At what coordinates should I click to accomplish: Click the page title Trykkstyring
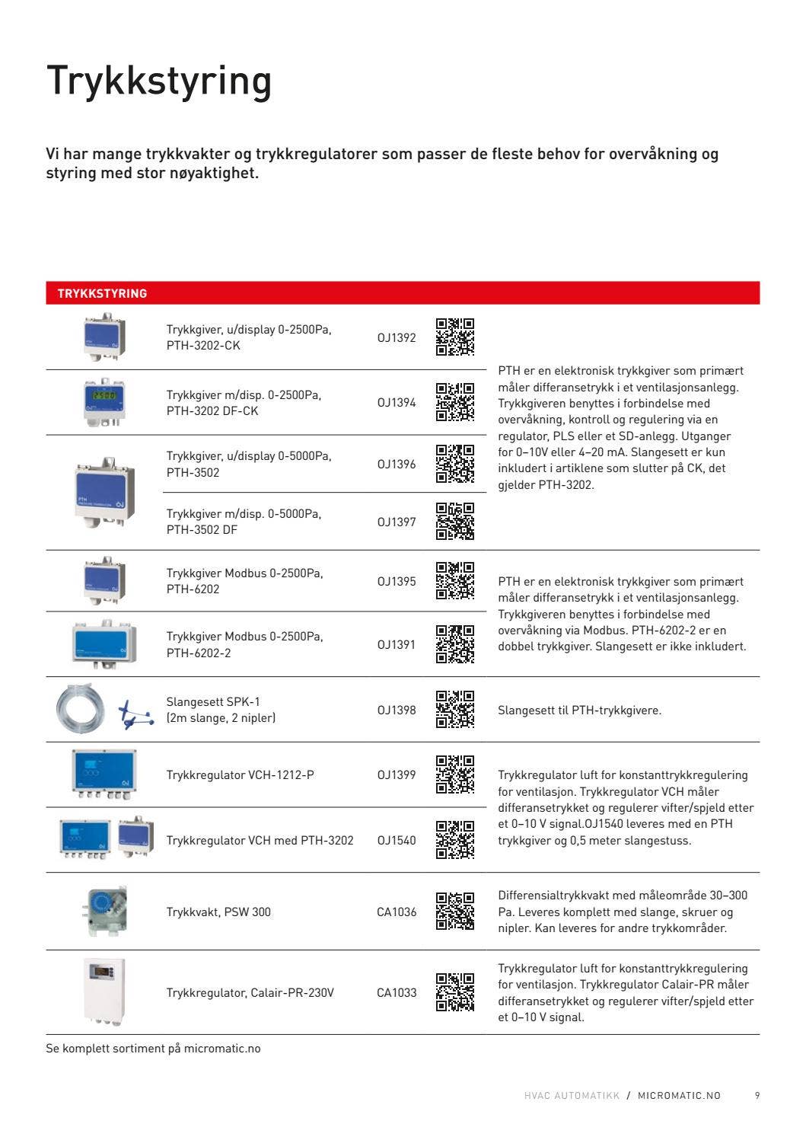point(158,81)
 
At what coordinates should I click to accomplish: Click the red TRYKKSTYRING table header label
point(102,293)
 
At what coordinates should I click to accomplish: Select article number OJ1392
point(397,337)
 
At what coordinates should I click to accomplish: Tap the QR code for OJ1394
point(455,402)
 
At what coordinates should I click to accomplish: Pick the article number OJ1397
point(397,522)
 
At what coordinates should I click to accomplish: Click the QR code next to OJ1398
point(455,709)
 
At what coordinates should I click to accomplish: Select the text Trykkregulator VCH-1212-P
point(240,774)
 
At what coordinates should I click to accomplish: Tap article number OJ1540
point(397,840)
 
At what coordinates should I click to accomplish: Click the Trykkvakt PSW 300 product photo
point(104,911)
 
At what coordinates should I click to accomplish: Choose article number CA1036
point(397,912)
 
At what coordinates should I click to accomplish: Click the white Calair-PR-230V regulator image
point(104,992)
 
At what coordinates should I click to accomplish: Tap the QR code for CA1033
point(455,992)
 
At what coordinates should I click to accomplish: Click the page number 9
point(757,1095)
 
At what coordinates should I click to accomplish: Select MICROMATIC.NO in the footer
point(679,1095)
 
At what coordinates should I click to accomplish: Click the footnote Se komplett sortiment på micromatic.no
point(153,1049)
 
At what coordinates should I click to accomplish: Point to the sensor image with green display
point(104,401)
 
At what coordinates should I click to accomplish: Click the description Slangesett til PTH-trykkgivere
point(579,710)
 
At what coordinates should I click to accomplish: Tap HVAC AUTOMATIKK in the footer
point(572,1095)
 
